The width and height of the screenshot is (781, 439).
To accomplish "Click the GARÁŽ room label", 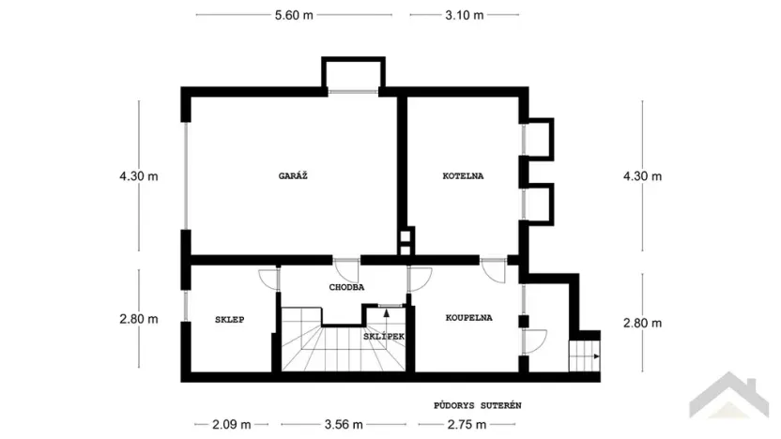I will click(x=293, y=175).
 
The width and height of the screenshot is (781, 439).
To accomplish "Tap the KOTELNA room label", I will click(x=464, y=175).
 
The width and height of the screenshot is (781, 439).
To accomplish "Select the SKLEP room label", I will click(x=229, y=320).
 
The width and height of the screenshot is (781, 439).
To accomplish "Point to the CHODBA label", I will click(x=346, y=287).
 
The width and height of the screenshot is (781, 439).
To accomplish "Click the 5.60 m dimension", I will click(x=293, y=15).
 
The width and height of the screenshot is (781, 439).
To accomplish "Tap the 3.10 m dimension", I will click(x=465, y=15).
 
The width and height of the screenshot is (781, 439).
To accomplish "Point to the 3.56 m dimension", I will click(x=344, y=424).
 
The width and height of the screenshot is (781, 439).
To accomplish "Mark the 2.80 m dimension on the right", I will click(x=642, y=322).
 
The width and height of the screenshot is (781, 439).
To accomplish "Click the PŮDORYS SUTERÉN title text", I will click(x=477, y=405).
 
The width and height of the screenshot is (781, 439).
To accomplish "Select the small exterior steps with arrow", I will click(x=584, y=356).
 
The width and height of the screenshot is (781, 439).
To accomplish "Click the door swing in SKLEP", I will click(x=269, y=279).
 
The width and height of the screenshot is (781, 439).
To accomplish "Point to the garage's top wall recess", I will click(x=353, y=73).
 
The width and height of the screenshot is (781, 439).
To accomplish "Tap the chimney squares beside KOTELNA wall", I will click(x=405, y=242).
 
